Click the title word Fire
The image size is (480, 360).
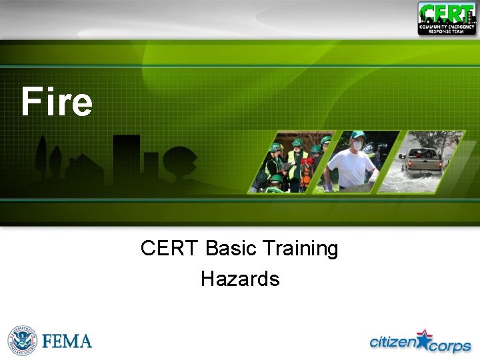57,102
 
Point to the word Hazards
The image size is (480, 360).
240,279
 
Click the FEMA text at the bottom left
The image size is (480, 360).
67,341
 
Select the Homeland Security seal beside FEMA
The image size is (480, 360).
22,341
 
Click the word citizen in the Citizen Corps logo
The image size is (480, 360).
393,342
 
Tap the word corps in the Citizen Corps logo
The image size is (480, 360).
449,346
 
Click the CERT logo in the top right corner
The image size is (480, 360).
447,18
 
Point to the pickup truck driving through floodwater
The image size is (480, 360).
421,162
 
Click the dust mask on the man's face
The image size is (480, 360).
357,145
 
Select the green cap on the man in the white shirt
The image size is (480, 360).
357,135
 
